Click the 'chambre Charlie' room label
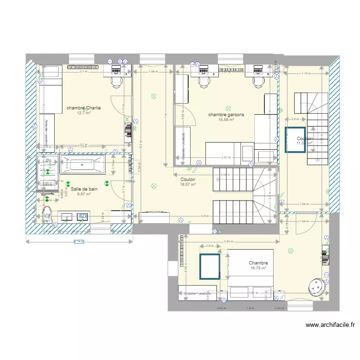click(x=84, y=108)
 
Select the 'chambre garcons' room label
click(x=226, y=115)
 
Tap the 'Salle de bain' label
click(x=84, y=189)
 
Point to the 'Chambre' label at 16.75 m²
click(x=258, y=263)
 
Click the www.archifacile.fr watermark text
click(x=330, y=325)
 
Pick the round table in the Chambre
click(x=317, y=286)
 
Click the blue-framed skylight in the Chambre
click(x=210, y=267)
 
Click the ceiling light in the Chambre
click(x=290, y=250)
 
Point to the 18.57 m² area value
click(x=188, y=184)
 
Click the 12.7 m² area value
click(x=84, y=113)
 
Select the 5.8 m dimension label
click(x=205, y=216)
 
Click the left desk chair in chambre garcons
click(x=204, y=82)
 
